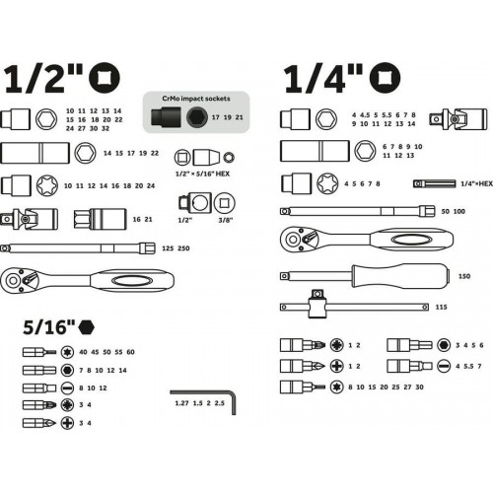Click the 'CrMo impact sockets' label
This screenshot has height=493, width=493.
click(x=196, y=99)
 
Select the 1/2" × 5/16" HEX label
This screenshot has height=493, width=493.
click(x=202, y=174)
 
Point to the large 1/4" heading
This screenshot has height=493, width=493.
click(x=323, y=79)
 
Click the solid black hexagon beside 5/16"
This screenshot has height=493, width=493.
click(x=86, y=327)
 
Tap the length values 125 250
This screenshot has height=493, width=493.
click(x=176, y=248)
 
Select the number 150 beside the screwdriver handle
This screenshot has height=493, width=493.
click(x=464, y=276)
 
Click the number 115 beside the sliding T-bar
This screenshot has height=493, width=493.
click(x=441, y=308)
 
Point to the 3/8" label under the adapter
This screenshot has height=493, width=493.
click(x=226, y=220)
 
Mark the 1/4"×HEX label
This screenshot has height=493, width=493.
click(x=476, y=184)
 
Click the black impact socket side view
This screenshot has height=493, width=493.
click(x=166, y=116)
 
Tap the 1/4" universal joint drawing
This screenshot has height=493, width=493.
click(x=458, y=118)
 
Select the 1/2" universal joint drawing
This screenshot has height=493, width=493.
click(x=30, y=219)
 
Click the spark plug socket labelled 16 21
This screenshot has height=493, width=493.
click(x=100, y=219)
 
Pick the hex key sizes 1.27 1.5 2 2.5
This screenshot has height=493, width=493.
click(x=200, y=403)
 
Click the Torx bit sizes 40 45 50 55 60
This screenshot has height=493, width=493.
click(x=106, y=352)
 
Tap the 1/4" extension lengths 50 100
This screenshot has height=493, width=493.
click(x=454, y=212)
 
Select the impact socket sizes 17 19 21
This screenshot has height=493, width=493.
click(x=228, y=117)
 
